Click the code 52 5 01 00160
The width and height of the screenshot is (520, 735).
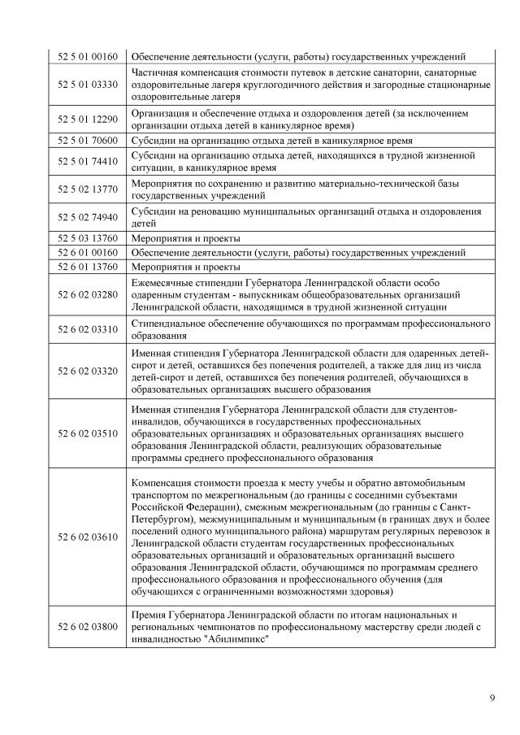(x=88, y=56)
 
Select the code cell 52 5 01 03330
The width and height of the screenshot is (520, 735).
(x=88, y=84)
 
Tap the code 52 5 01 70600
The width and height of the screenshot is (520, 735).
(x=88, y=140)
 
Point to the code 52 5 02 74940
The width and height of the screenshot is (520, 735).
(x=88, y=216)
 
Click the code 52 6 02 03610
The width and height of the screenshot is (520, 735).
(x=88, y=537)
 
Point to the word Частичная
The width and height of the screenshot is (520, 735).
(x=157, y=72)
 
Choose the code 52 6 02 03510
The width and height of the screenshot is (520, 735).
(x=88, y=433)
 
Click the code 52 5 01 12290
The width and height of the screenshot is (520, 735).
(x=88, y=119)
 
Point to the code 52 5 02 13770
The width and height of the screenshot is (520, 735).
(x=88, y=189)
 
